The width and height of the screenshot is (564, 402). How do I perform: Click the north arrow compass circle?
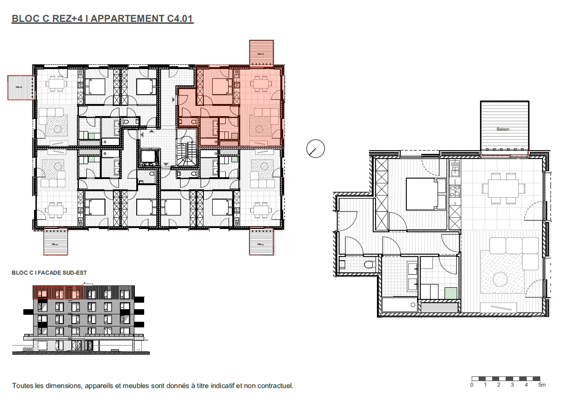(x=315, y=149)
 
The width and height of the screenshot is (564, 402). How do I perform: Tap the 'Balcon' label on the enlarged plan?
(x=503, y=129)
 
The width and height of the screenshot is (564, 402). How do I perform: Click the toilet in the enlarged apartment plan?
(x=370, y=264)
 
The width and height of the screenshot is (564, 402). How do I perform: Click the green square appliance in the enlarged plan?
(x=451, y=293)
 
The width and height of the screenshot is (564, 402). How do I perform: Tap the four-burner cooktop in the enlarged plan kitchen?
(x=455, y=191)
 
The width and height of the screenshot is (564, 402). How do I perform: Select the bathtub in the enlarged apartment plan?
(x=399, y=305)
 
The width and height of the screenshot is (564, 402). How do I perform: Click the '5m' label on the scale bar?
(x=542, y=385)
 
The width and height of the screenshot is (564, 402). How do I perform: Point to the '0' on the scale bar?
(x=472, y=385)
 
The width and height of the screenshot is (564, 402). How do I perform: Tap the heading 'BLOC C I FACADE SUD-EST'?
(x=49, y=273)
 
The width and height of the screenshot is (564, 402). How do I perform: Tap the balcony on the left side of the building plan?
(x=21, y=87)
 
